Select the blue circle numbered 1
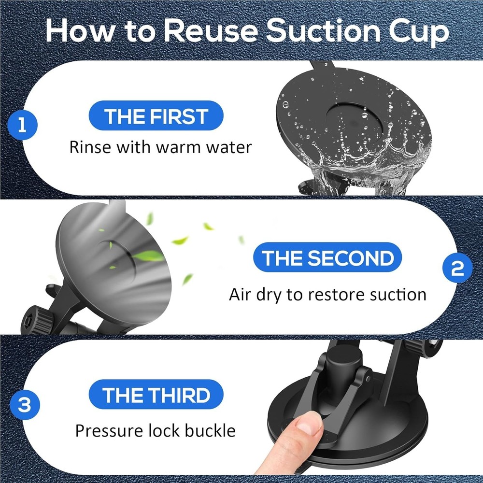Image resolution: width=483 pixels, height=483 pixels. tap(22, 126)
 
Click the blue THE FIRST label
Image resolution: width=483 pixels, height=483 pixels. tap(156, 117)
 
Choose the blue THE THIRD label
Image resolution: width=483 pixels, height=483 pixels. tap(156, 395)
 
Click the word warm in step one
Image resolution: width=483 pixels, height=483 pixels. tap(176, 147)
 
